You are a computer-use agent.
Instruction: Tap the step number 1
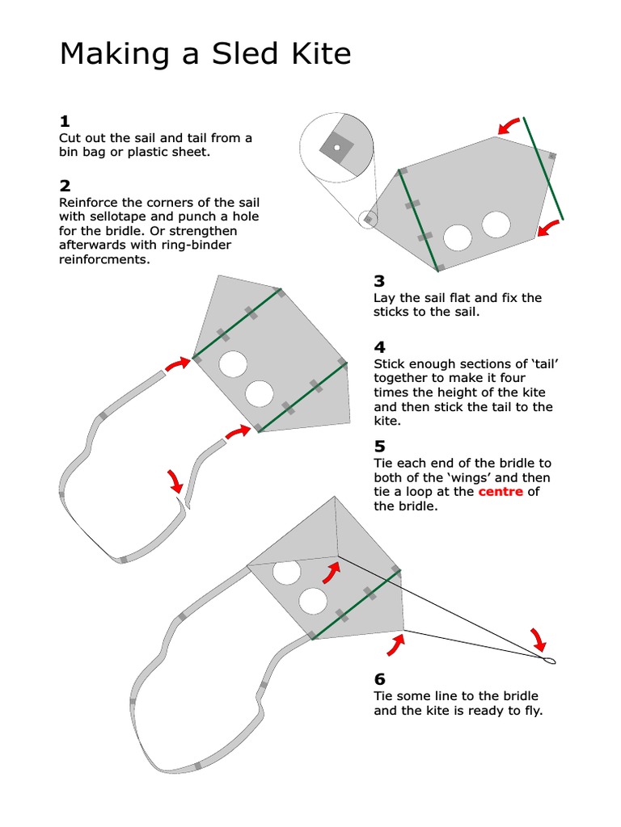65,122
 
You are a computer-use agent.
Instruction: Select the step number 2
65,187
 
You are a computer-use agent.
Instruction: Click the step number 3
379,281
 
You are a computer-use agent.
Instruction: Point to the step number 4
379,347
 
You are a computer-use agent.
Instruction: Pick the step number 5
379,447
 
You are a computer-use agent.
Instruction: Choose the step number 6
379,679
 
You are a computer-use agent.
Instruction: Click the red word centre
501,492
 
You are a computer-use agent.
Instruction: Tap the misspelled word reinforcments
105,260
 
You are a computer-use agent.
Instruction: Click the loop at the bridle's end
550,661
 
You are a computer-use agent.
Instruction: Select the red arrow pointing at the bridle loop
538,640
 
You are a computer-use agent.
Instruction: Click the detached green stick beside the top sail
543,168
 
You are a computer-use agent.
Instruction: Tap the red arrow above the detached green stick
509,125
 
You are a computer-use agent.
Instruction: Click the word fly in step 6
532,711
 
